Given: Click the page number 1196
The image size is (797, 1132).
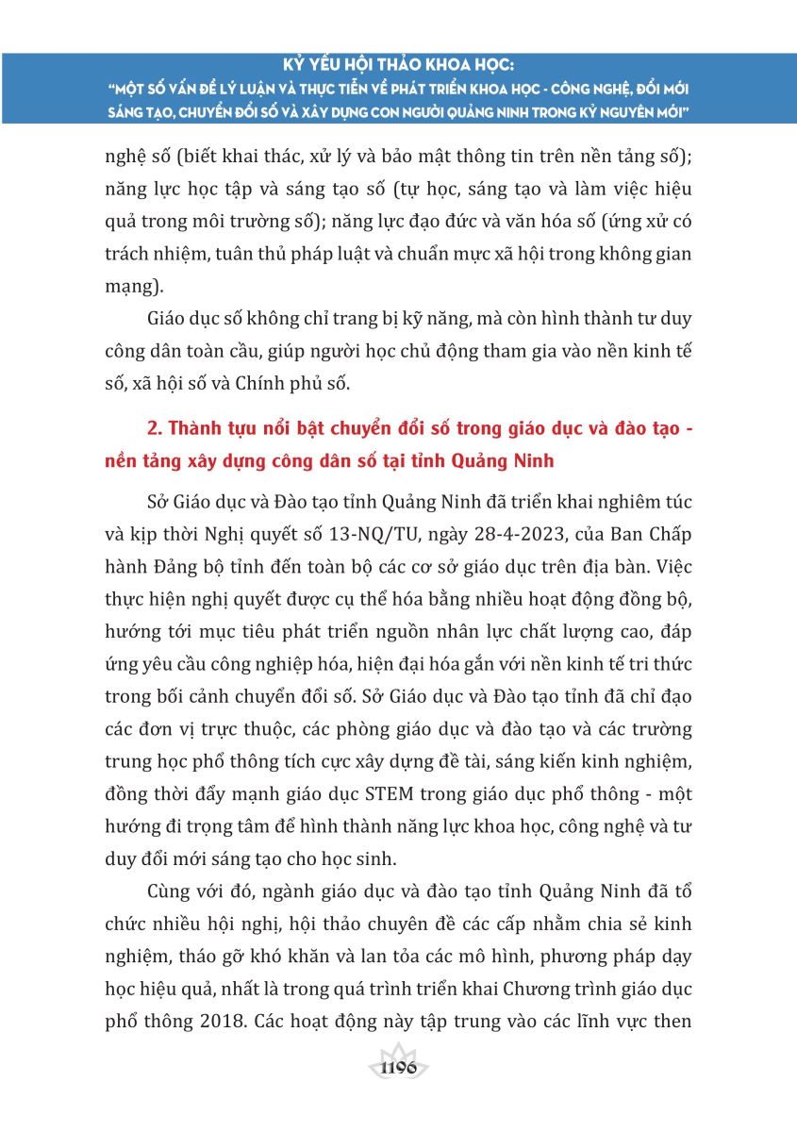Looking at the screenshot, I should [x=397, y=1069].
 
